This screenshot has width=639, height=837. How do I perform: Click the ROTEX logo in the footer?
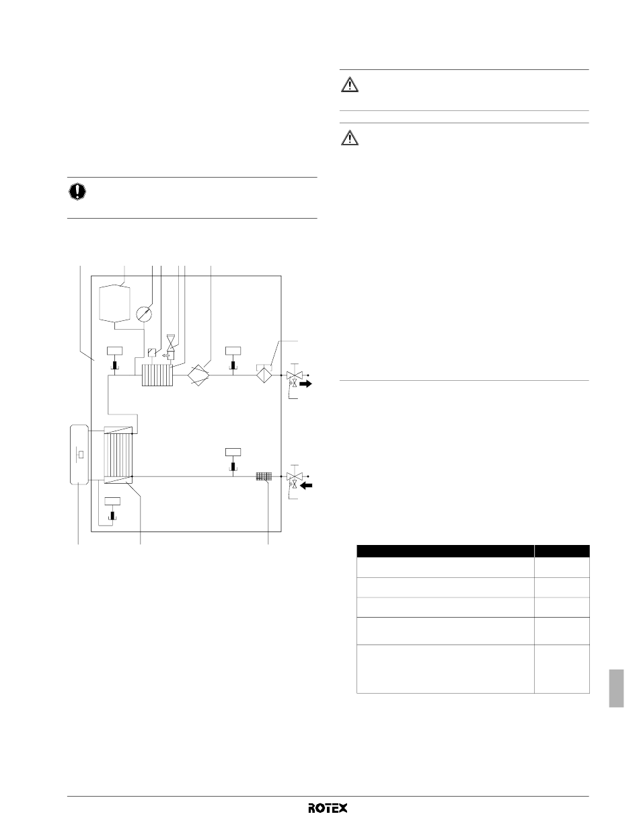[328, 808]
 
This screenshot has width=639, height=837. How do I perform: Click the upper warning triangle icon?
[349, 85]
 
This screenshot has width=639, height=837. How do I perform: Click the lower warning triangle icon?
[349, 138]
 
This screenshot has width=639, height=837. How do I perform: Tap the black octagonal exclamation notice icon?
[77, 192]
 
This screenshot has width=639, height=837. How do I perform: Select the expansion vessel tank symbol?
[115, 305]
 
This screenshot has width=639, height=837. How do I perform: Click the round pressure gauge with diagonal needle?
[144, 314]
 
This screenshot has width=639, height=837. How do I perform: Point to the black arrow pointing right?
[305, 384]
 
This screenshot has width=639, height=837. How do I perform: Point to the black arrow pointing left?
[306, 485]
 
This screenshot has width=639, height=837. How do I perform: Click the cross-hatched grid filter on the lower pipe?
[264, 476]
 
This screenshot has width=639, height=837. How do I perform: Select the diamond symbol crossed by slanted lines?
[198, 375]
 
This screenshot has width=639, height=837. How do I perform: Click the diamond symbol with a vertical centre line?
[264, 375]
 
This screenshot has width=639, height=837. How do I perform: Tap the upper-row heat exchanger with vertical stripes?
[157, 375]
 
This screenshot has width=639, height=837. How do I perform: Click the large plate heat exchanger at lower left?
[118, 456]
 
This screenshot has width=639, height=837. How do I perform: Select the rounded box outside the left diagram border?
[79, 455]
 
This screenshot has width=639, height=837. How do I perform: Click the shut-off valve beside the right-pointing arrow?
[294, 375]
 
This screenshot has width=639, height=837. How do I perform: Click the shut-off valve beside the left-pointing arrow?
[294, 476]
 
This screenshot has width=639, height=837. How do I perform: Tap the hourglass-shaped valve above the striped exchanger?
[171, 342]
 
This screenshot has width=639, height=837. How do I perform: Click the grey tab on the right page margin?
[616, 688]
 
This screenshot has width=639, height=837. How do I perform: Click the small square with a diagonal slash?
[152, 353]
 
